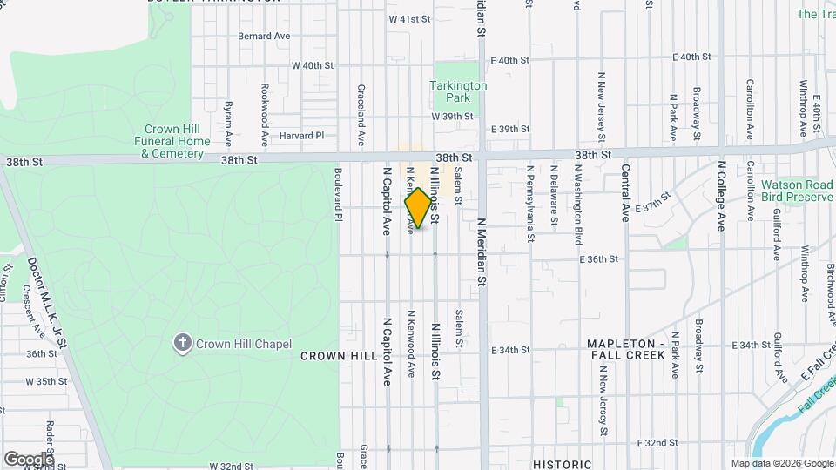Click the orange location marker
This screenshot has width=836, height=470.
418,208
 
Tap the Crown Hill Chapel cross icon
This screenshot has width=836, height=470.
183,343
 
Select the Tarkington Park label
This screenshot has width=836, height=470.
458,91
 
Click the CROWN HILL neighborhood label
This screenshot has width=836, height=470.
339,356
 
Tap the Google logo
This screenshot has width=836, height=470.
28,459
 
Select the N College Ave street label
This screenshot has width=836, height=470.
721,196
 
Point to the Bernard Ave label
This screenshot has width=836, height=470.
264,37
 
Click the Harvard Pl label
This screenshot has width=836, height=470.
301,136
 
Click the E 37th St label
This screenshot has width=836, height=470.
653,205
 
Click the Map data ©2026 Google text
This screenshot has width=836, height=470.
782,463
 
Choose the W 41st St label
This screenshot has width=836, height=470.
410,18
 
